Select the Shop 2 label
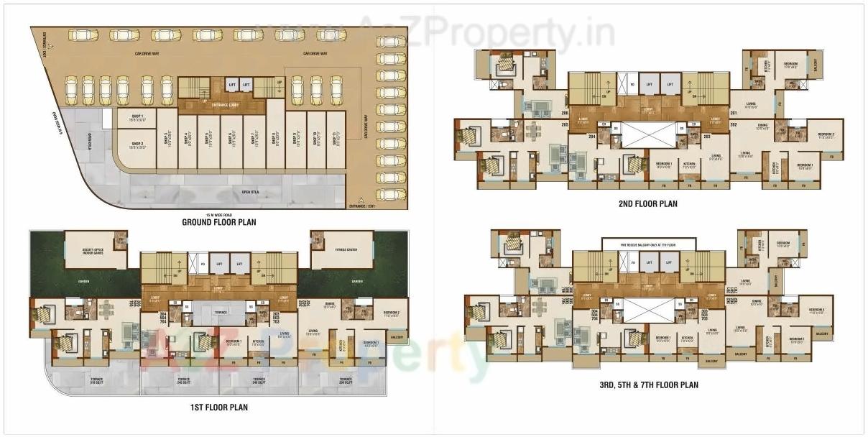tap(138, 145)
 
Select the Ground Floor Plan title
tap(219, 222)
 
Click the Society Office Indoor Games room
tap(93, 250)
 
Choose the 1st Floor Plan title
tap(219, 408)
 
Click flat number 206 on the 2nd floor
tap(565, 113)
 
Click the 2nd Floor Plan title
tap(648, 203)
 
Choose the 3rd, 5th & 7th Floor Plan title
tap(648, 385)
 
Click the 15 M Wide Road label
tap(219, 215)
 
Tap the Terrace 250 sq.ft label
tap(346, 381)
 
